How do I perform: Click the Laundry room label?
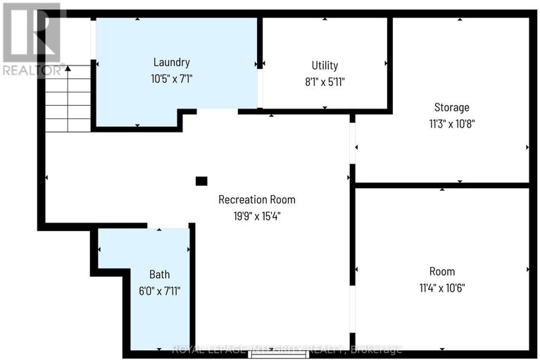pos(172,62)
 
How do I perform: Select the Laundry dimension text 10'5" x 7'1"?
pos(172,80)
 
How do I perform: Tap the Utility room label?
pos(325,65)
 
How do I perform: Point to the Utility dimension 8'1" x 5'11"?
pos(325,82)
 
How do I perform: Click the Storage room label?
pos(451,108)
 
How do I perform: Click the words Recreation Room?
pos(256,199)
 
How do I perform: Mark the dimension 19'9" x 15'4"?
pos(256,216)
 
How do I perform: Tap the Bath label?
pos(159,274)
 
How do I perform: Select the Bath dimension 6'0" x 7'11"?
pos(159,290)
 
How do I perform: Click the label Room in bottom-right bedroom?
pos(442,271)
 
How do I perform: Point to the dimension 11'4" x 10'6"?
pos(442,287)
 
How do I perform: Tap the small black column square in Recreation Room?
pos(201,181)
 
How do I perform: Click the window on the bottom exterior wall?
pos(279,354)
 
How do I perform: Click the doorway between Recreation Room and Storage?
pos(353,144)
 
